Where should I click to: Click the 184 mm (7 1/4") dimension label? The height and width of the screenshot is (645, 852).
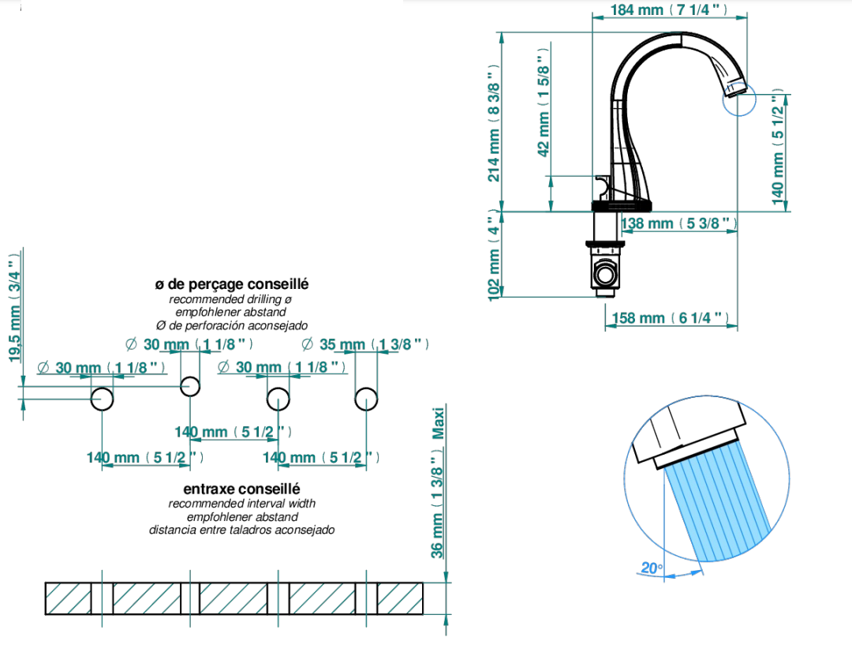tap(669, 9)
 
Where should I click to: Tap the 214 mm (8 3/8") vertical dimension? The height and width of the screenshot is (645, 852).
tap(493, 123)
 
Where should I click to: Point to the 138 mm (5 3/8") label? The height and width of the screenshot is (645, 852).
tap(679, 223)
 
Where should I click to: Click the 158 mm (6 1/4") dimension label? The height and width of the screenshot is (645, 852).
tap(670, 318)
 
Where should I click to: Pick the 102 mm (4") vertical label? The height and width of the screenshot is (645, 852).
tap(493, 255)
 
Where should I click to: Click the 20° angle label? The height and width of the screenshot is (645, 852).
tap(652, 568)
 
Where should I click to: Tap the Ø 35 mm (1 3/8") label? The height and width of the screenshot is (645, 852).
tap(365, 344)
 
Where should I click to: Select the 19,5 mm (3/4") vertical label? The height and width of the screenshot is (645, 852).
tap(15, 308)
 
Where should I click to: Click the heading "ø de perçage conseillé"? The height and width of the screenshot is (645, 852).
tap(231, 284)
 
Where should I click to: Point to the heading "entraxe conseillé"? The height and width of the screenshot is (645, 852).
tap(242, 489)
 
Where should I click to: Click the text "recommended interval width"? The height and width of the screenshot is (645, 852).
tap(242, 504)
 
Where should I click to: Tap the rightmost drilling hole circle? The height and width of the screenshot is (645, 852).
tap(366, 399)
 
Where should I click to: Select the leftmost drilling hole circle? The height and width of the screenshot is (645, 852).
tap(102, 399)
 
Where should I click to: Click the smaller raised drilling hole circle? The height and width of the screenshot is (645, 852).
tap(190, 387)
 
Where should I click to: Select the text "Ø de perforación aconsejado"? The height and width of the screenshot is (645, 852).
tap(231, 326)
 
